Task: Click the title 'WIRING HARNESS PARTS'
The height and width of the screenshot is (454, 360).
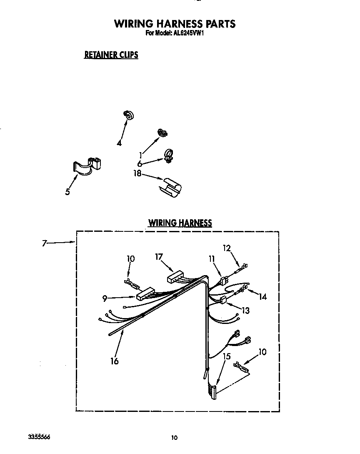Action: (175, 24)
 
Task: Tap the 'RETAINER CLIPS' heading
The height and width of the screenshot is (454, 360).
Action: (111, 55)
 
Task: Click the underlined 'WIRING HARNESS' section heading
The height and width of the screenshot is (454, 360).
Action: (180, 223)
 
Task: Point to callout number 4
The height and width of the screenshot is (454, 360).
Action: (119, 143)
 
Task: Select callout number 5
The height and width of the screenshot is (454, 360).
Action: (67, 192)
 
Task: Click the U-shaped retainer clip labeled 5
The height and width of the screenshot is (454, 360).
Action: (88, 166)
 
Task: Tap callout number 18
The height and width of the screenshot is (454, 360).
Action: (137, 173)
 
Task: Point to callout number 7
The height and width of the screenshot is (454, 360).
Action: (44, 243)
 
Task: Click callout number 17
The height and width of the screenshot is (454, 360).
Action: (159, 257)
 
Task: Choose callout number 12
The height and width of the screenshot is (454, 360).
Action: (227, 248)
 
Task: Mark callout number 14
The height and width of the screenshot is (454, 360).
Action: (262, 296)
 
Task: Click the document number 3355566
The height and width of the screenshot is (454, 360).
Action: (39, 436)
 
